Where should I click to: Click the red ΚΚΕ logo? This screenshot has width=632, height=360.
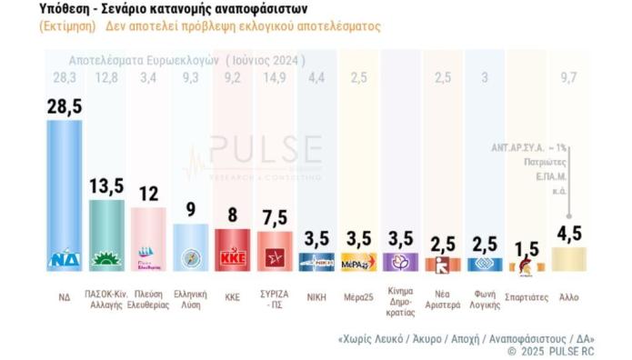[x=232, y=258]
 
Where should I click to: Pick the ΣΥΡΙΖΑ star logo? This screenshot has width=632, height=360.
[x=274, y=261]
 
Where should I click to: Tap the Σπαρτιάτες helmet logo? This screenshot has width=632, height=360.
[x=526, y=265]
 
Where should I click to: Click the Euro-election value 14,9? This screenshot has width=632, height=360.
[x=274, y=76]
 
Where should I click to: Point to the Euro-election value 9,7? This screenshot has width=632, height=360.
[x=569, y=76]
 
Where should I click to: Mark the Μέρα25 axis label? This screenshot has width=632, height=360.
[x=358, y=295]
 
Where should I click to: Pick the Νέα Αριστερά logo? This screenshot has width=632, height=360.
[x=442, y=265]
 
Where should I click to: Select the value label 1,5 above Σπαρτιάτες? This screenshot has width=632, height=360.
[x=526, y=247]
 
